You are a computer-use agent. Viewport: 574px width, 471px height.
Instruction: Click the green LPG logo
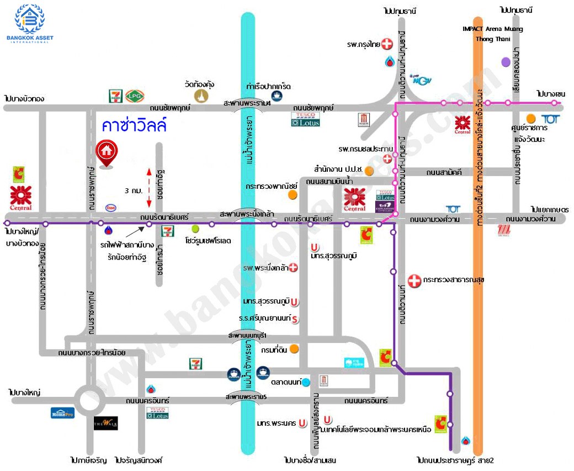[x=134, y=96]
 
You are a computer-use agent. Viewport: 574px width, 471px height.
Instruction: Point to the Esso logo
[x=111, y=208]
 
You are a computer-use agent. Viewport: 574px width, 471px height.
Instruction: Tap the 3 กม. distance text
[x=134, y=190]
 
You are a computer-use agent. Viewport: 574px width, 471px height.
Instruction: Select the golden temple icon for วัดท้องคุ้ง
[x=201, y=96]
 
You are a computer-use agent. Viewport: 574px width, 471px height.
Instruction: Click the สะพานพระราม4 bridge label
[x=247, y=103]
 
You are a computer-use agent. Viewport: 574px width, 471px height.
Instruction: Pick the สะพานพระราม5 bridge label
[x=247, y=396]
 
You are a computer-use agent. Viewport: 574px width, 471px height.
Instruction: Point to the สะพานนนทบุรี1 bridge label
[x=247, y=335]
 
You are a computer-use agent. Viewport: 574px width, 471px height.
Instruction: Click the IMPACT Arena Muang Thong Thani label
[x=493, y=33]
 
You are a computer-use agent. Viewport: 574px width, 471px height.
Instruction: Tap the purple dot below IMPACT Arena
[x=506, y=62]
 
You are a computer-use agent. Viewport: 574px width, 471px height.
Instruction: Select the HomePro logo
[x=62, y=412]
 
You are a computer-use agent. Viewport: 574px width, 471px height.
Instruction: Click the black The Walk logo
[x=105, y=423]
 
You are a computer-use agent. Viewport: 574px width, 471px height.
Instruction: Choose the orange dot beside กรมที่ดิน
[x=295, y=348]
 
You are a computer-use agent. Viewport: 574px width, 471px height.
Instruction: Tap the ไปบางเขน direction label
[x=551, y=94]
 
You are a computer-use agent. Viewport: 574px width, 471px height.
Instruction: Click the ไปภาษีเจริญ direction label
[x=88, y=459]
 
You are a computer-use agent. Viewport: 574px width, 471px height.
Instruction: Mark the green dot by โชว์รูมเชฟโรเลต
[x=195, y=229]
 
